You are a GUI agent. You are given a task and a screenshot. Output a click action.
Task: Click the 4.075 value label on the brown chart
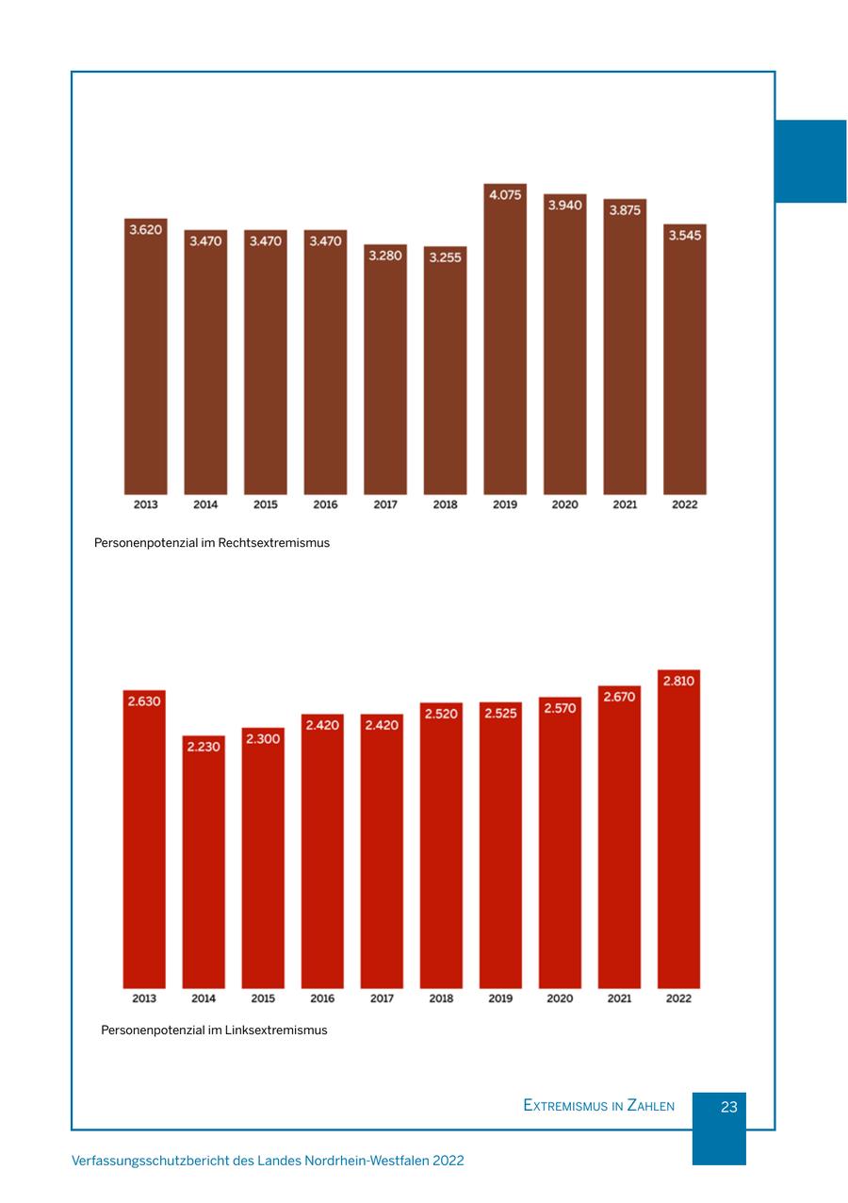pos(505,195)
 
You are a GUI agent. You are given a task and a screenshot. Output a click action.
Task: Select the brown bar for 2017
pos(385,377)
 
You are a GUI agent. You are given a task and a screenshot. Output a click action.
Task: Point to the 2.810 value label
pos(678,681)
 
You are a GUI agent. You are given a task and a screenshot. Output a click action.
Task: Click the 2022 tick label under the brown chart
pos(685,504)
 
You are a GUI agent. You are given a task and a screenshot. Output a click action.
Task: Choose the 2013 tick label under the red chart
pos(144,998)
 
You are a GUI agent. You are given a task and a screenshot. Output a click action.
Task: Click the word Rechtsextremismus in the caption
pos(274,543)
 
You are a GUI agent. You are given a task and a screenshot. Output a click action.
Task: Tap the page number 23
pos(728,1108)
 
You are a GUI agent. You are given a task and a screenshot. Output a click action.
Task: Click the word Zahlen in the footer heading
pos(651,1106)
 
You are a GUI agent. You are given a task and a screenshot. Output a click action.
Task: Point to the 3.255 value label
pos(445,256)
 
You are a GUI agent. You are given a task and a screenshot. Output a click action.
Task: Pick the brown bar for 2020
pos(565,358)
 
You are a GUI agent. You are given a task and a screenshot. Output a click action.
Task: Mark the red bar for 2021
pos(619,849)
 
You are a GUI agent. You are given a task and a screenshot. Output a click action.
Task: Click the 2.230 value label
pos(204,747)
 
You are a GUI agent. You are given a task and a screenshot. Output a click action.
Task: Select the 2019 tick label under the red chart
pos(500,998)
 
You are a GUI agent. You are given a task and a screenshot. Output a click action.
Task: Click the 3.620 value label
pos(145,230)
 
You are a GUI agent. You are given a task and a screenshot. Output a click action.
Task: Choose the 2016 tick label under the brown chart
pos(325,504)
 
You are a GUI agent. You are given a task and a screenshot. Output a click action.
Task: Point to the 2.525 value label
pos(500,713)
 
